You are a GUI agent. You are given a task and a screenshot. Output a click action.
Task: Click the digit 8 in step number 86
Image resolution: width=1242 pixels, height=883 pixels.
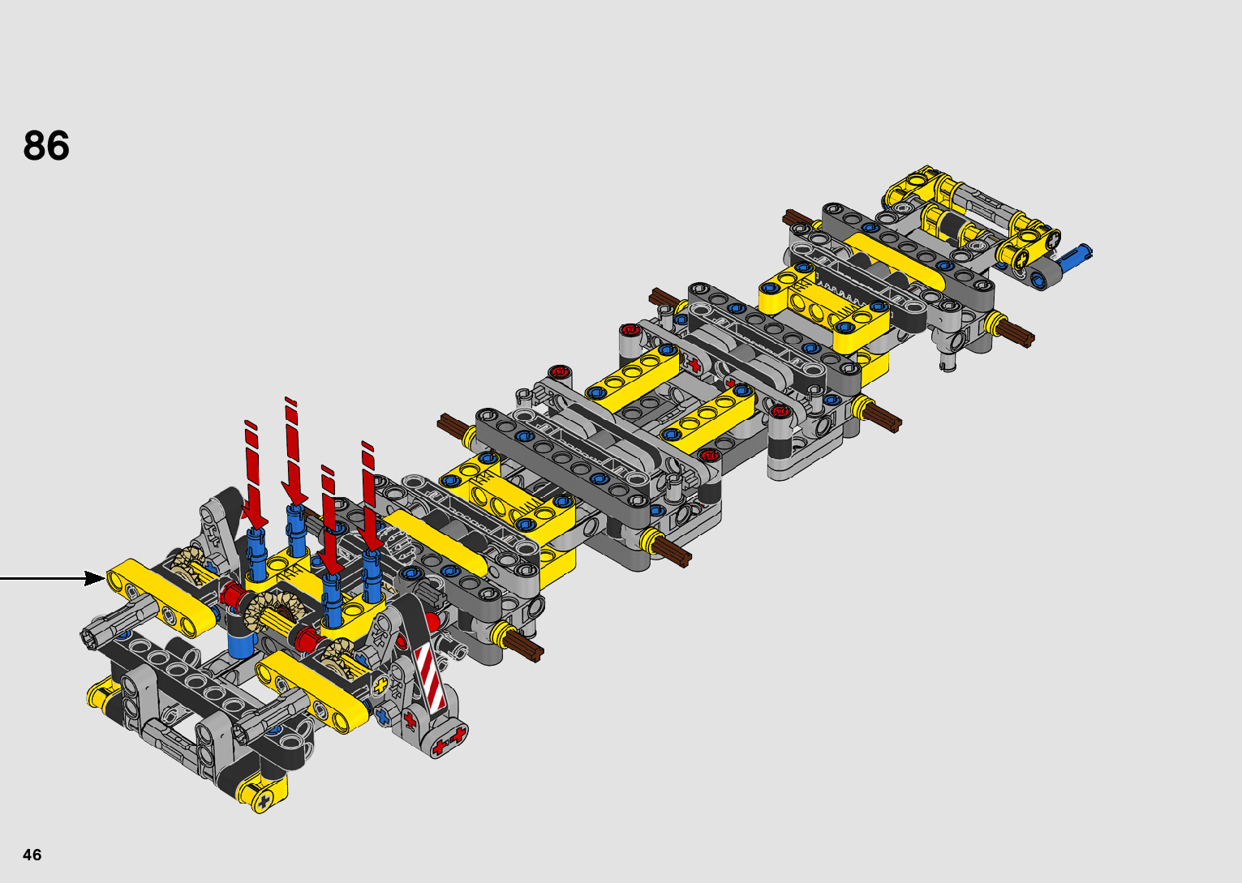(34, 146)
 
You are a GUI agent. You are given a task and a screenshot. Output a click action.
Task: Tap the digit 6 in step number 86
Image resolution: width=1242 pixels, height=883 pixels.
(58, 146)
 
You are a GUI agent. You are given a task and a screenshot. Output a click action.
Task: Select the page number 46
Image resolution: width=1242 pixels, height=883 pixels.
(32, 855)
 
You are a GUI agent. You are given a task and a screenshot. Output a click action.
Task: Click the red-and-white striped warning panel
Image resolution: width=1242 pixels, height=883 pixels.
(431, 677)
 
